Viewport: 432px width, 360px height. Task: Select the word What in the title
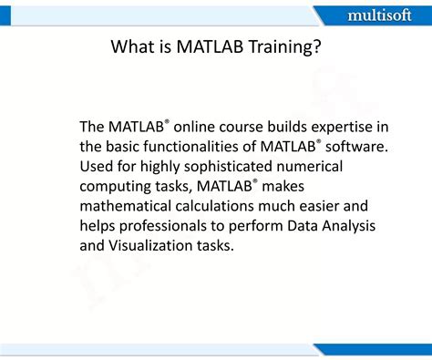[132, 46]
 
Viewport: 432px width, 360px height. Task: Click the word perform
[259, 226]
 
